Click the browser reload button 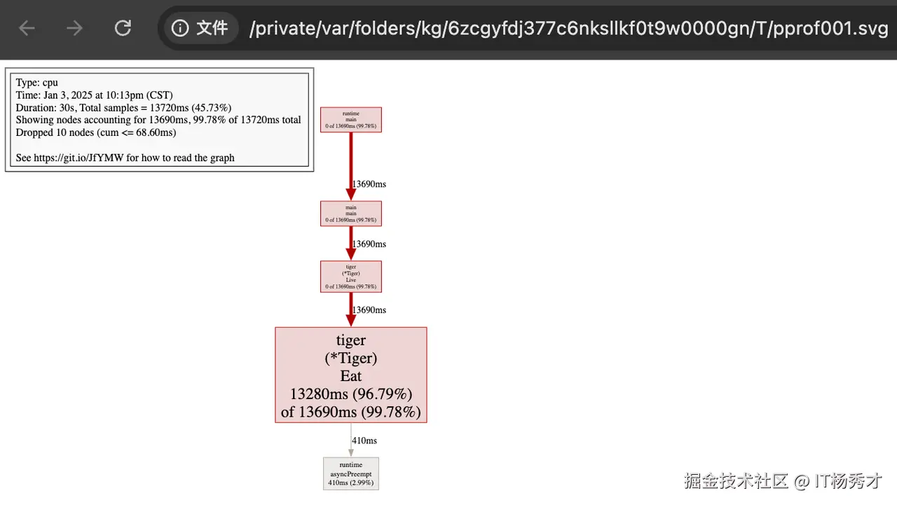point(123,28)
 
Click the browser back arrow point(27,28)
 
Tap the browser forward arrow point(74,28)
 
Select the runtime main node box point(350,120)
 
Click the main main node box point(350,214)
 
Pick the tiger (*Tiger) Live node point(350,277)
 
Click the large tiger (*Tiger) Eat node point(350,375)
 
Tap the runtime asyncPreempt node point(350,473)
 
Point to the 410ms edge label point(364,441)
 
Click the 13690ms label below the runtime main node point(369,184)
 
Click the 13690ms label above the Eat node point(369,310)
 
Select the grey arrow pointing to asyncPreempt point(351,441)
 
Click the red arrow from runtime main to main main point(351,165)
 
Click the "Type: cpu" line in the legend point(36,83)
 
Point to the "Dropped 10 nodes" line point(95,132)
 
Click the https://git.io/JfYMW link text point(78,158)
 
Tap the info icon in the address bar point(180,28)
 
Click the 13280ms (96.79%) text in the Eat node point(350,394)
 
